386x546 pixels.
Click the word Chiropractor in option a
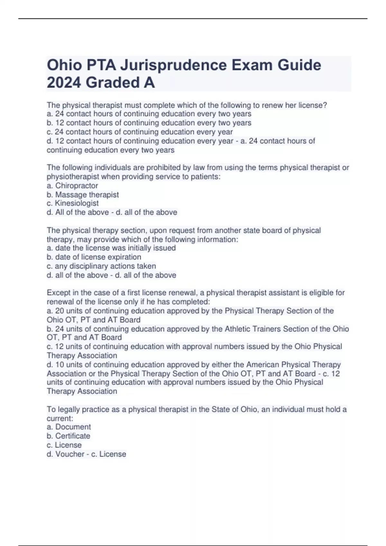(x=77, y=186)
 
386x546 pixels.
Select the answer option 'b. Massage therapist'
(x=83, y=195)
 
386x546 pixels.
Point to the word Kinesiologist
(x=77, y=203)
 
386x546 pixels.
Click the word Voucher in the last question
(x=70, y=454)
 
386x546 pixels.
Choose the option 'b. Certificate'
(x=69, y=436)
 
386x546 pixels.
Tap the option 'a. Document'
(x=69, y=427)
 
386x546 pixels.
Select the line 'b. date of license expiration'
(x=94, y=257)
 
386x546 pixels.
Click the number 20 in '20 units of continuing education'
(x=60, y=311)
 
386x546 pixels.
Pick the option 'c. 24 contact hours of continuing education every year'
(x=140, y=132)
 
